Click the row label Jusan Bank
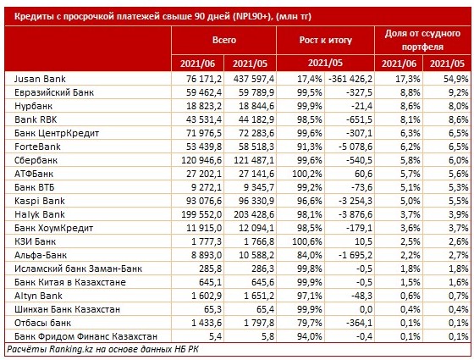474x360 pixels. [x=40, y=79]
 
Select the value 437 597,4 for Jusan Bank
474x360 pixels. [x=254, y=79]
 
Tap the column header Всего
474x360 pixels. [x=224, y=40]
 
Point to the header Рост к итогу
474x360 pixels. [x=326, y=40]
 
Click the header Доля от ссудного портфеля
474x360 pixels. [x=422, y=40]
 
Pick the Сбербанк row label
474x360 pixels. [x=36, y=160]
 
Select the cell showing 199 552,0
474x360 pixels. [x=201, y=214]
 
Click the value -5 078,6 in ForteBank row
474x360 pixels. [x=355, y=147]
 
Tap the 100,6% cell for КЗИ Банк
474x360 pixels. [x=307, y=241]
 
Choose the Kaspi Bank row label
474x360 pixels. [x=39, y=201]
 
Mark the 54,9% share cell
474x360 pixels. [x=456, y=79]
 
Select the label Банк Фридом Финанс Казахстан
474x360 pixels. [x=85, y=336]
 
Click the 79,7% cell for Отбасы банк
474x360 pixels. [x=310, y=323]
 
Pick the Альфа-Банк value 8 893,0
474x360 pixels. [x=207, y=255]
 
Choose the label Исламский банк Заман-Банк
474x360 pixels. [x=78, y=269]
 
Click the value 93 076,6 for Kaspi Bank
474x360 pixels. [x=204, y=201]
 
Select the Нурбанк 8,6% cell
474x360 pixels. [x=411, y=106]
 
